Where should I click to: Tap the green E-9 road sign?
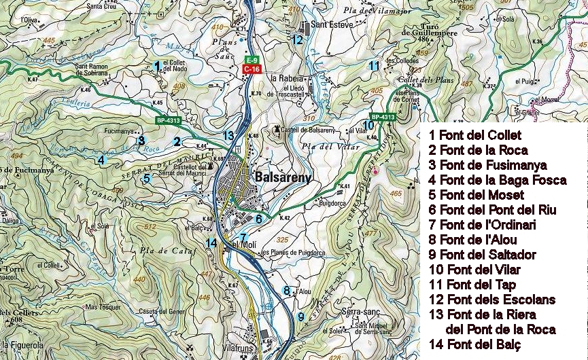point(252,60)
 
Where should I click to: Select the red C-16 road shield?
point(252,69)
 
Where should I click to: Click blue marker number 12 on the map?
point(297,39)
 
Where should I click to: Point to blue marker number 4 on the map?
point(101,160)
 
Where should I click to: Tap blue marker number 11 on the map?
point(373,66)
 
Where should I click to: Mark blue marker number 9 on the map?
point(300,316)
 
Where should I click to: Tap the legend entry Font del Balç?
point(474,345)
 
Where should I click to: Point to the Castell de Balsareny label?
point(304,130)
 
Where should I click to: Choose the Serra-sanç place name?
point(360,310)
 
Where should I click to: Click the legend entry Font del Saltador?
point(483,255)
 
